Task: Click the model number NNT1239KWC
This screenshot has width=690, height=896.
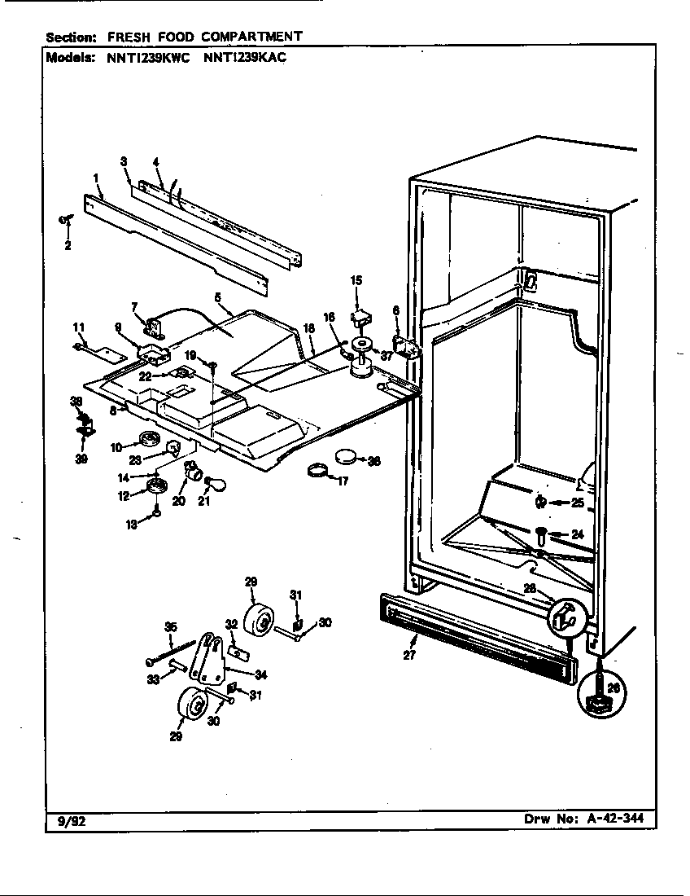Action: tap(143, 58)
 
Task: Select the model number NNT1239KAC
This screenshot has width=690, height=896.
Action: tap(243, 58)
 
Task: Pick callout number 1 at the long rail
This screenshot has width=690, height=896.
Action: tap(96, 178)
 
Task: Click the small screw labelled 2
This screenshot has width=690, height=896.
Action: tap(65, 217)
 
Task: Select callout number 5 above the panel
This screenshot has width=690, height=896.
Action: tap(218, 298)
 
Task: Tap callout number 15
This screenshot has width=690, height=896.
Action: tap(356, 281)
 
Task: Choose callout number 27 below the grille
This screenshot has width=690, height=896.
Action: tap(410, 655)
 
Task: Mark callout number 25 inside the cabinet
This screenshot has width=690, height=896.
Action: tap(577, 503)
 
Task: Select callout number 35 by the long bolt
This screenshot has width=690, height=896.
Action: tap(170, 626)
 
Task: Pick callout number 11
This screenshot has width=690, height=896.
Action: tap(79, 327)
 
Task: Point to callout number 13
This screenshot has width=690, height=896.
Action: tap(131, 525)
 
